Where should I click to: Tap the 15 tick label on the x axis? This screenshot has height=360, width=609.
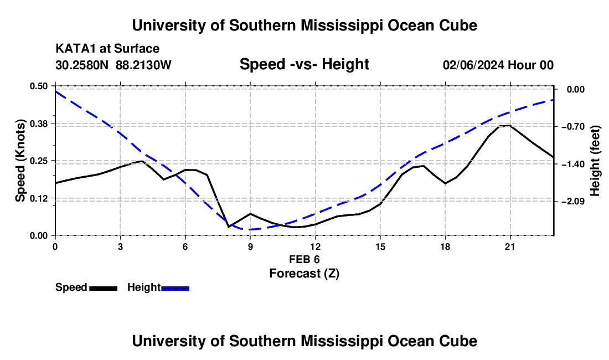point(380,246)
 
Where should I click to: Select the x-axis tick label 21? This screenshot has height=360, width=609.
point(510,246)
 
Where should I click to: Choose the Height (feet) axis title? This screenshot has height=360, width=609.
point(595,161)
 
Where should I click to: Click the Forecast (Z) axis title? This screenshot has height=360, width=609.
point(304,274)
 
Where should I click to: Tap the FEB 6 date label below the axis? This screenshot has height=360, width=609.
point(304,259)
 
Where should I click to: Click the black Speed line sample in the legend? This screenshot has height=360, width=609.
point(104,288)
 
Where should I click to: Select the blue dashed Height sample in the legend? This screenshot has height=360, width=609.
point(175,288)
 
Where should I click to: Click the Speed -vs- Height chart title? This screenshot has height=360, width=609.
point(304,64)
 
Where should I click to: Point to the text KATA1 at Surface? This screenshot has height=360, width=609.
point(107,49)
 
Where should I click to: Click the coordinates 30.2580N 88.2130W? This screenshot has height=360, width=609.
point(113,65)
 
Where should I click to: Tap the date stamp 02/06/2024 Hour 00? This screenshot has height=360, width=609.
point(498,65)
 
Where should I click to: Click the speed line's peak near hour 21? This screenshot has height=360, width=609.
point(509,125)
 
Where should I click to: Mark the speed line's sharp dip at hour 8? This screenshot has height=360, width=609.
point(229,227)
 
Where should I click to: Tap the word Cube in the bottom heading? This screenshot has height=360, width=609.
point(459,341)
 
